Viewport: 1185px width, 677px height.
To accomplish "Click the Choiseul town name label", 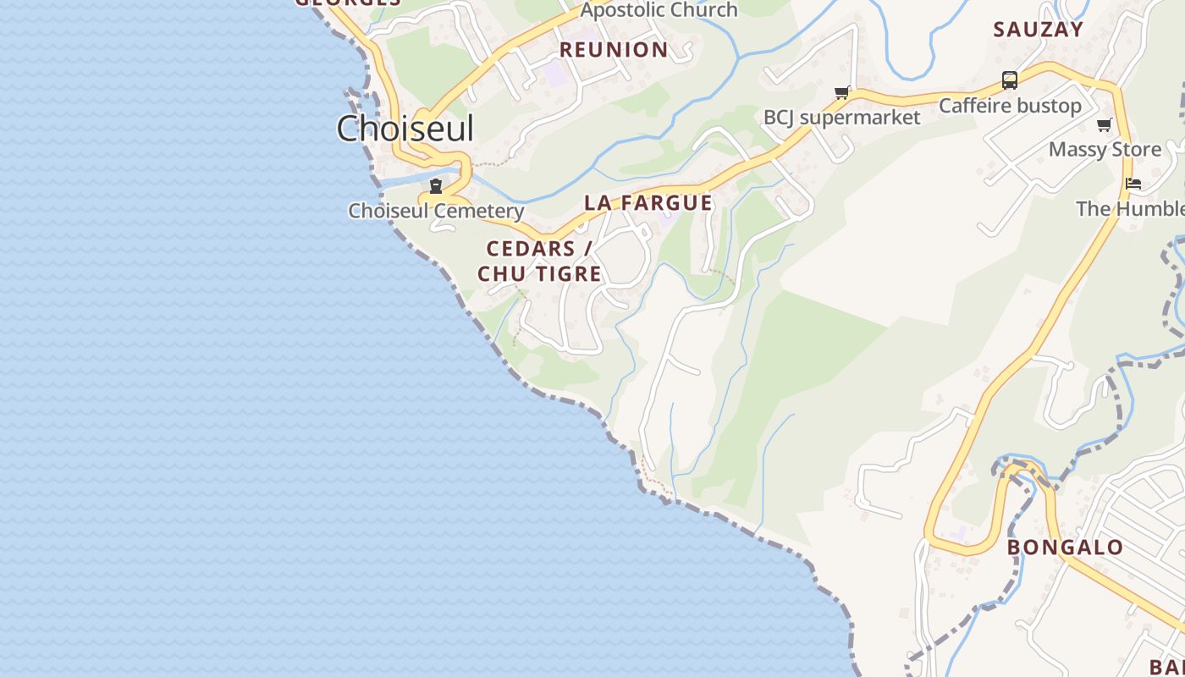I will click(405, 129).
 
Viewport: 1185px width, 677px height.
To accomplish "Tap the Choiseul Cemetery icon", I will click(436, 186).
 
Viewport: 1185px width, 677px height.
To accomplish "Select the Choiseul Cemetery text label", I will click(436, 211).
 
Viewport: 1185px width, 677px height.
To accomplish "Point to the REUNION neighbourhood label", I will click(614, 50).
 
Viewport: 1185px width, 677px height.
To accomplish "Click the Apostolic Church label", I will click(659, 10).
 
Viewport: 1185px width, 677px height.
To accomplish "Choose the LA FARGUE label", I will click(648, 203).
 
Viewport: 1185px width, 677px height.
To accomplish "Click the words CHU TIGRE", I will click(539, 274).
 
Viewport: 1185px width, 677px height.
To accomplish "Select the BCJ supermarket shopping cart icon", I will click(841, 93).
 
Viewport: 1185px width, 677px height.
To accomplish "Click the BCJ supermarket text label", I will click(841, 117).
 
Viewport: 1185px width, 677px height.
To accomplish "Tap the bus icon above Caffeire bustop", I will click(1009, 80).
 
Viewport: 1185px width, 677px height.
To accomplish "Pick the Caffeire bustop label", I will click(1010, 106).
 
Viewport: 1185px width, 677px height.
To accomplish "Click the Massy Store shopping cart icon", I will click(1104, 125).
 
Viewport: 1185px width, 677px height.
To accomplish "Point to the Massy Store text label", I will click(1105, 150).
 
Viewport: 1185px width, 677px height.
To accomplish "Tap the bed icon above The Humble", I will click(1133, 184).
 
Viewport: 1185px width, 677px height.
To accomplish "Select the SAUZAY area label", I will click(1038, 30).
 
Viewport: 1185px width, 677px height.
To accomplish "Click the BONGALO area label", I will click(1065, 548).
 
